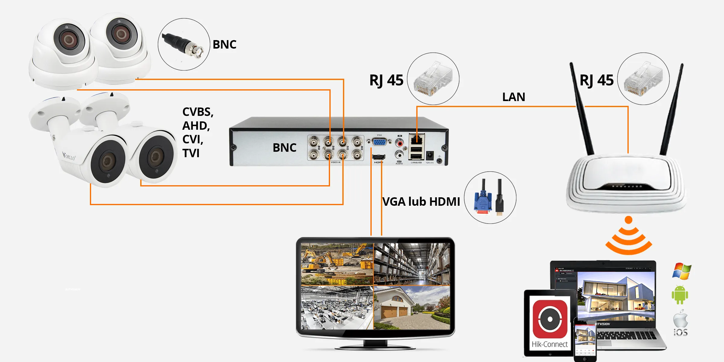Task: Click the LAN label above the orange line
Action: (x=513, y=97)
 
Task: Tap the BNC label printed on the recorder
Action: (x=284, y=148)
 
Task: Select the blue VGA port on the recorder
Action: (x=379, y=142)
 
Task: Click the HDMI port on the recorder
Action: (x=378, y=157)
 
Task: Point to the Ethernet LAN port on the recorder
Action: (x=417, y=140)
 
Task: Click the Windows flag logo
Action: (x=682, y=271)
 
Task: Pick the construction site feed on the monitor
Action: (x=337, y=264)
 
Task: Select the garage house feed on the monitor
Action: (x=412, y=308)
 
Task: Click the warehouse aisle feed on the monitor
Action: (x=412, y=264)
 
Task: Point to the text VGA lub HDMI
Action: (x=421, y=202)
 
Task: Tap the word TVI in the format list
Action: (x=191, y=153)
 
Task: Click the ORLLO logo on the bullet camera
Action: (x=69, y=157)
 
